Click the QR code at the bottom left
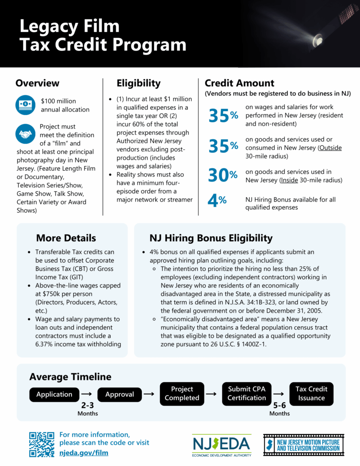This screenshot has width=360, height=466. coord(42,444)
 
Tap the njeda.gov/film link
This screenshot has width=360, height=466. coord(84,453)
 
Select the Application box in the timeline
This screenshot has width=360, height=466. coord(54,394)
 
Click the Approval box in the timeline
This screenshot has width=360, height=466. coord(120,394)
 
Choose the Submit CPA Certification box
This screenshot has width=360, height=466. coord(247,394)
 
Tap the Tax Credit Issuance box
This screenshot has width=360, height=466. coord(311,394)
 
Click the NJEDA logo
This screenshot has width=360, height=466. coord(221,446)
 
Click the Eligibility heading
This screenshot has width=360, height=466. coord(138,83)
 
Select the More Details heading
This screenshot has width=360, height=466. coord(66,238)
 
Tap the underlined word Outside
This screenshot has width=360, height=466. coord(330,148)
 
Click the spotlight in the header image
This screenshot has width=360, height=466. coord(319,41)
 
